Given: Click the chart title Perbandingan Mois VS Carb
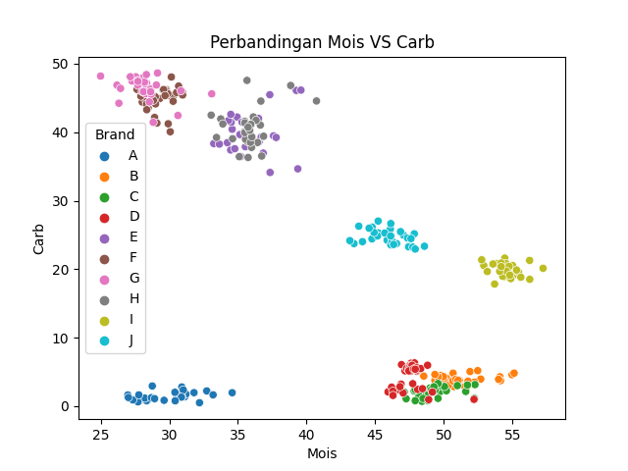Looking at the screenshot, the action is coord(322,42).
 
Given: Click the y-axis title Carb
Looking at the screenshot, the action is coord(38,239).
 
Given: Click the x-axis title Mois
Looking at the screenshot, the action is coord(322,453).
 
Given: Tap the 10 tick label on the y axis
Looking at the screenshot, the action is coord(60,339).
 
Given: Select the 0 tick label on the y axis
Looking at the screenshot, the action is coord(65,407).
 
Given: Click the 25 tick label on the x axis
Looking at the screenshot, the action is coord(101,435).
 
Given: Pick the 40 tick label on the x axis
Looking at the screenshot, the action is coord(306,435).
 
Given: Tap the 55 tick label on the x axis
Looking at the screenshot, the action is coord(512,435).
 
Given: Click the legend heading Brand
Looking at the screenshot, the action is coord(115,134).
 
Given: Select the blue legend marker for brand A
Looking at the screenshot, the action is coord(105,157).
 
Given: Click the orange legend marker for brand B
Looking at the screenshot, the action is coord(105,177).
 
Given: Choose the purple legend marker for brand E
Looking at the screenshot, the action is coord(105,238).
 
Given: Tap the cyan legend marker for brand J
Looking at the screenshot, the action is coord(105,341).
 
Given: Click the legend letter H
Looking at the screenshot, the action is coord(134,298).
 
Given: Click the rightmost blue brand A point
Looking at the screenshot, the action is coord(232,392).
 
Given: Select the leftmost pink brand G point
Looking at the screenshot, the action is coord(100,77).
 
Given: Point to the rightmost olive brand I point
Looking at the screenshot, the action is coord(543,268).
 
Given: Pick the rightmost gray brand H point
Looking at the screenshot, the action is coord(316,101).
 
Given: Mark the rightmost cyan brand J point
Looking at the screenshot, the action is coord(424,246).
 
